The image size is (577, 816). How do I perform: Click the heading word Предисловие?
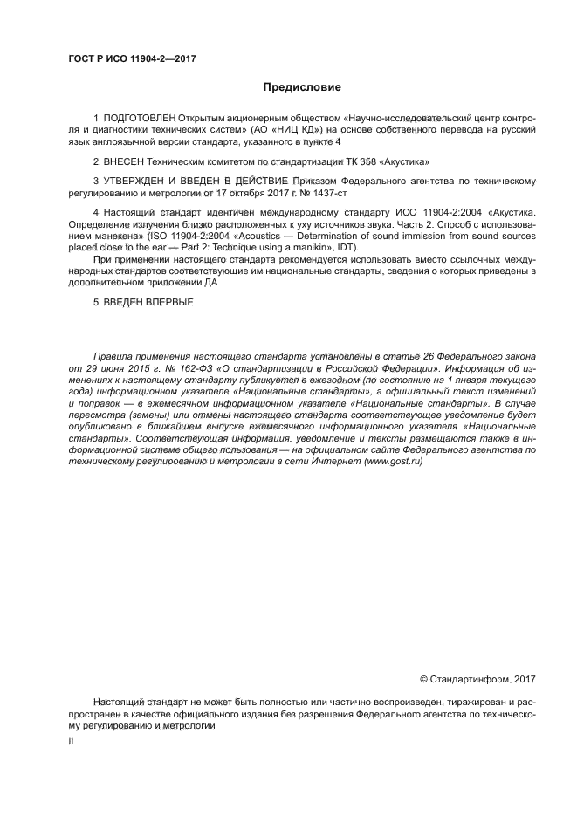pos(302,87)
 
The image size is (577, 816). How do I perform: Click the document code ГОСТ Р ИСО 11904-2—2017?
pos(131,58)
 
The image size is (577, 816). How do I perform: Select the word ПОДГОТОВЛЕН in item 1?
pos(140,117)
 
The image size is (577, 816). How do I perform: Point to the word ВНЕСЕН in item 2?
pos(128,161)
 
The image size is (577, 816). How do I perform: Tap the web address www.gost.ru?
pos(390,460)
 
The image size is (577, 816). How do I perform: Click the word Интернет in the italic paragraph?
pos(327,460)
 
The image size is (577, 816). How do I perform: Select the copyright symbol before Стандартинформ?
pos(424,678)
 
